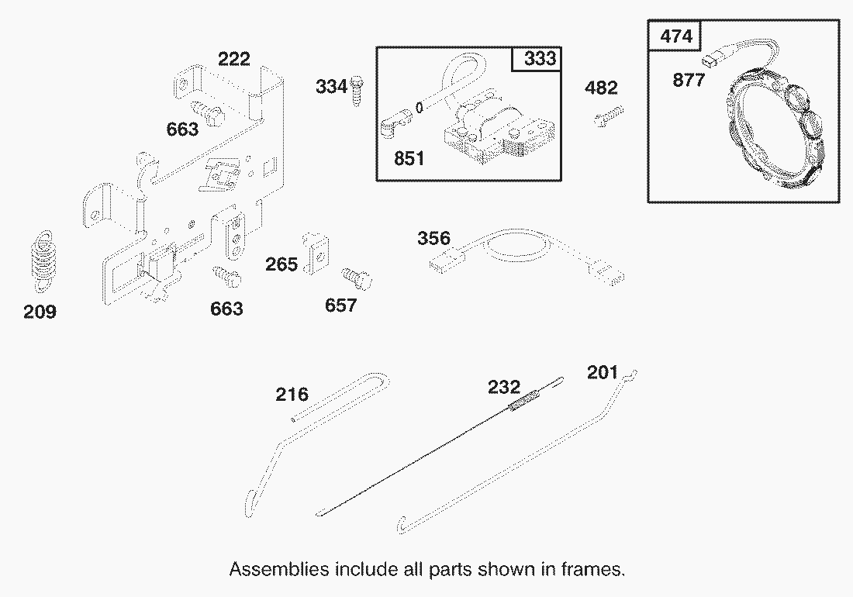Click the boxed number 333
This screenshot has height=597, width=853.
[537, 60]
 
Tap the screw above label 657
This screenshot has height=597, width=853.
[357, 277]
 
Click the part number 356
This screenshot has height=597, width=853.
[433, 238]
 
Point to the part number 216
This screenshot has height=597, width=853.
[292, 395]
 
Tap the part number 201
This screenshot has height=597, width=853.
[603, 373]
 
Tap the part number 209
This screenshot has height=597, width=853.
[40, 312]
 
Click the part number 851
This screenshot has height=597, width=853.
[409, 159]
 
